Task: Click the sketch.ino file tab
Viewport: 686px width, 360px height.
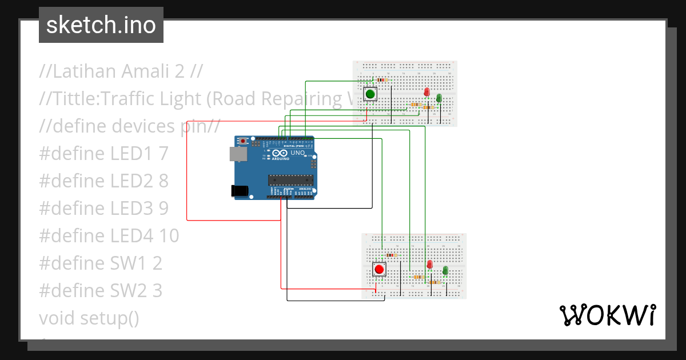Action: pos(101,25)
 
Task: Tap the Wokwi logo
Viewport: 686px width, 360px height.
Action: pos(607,315)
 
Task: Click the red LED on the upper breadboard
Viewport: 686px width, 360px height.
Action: pos(426,93)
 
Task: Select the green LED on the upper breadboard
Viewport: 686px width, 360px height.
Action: pos(439,98)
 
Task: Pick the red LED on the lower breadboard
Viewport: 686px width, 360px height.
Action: pos(430,264)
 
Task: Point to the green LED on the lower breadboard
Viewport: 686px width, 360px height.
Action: pos(445,270)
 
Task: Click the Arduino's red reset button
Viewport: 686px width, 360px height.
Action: pos(244,141)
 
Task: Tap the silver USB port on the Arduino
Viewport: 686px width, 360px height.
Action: pos(235,154)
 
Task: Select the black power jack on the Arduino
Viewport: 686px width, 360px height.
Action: pos(240,191)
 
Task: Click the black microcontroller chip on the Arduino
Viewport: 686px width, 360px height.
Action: pos(291,180)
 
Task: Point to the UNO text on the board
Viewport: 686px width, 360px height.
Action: pos(298,153)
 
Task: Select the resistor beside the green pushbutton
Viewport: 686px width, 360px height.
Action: pos(381,80)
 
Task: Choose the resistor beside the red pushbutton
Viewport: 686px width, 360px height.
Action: pos(392,255)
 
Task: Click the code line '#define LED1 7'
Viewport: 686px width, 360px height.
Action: pos(103,153)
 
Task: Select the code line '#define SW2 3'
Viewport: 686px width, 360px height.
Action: pos(101,291)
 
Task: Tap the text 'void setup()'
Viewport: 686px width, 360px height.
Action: pos(89,318)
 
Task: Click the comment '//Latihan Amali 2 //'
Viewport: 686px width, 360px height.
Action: pos(121,71)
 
